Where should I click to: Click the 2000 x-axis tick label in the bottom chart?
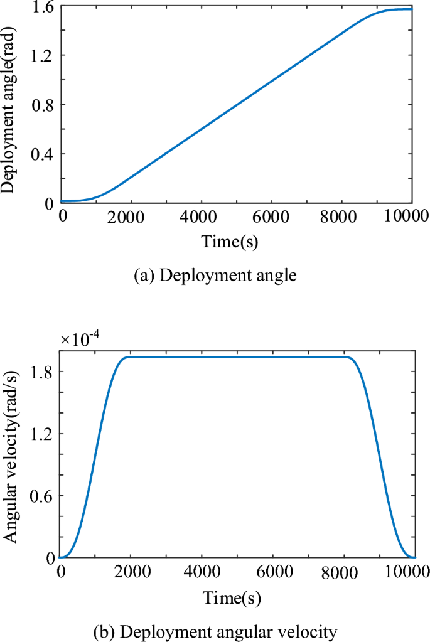click(x=131, y=572)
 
